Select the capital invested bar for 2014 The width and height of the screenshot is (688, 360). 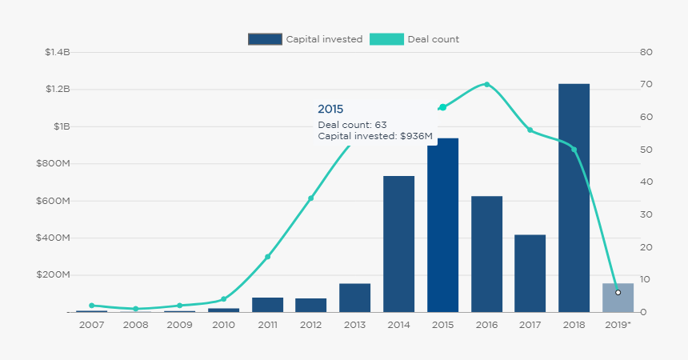(x=398, y=244)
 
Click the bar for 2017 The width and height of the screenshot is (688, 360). (x=530, y=273)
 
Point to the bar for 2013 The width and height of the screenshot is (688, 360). (x=354, y=298)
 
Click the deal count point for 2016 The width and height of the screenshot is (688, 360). (x=486, y=85)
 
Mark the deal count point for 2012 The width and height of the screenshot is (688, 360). (x=311, y=198)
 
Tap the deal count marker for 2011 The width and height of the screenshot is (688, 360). (x=267, y=257)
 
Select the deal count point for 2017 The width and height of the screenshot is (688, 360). (x=530, y=130)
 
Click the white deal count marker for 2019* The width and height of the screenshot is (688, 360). (x=618, y=293)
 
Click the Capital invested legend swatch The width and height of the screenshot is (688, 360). (x=265, y=39)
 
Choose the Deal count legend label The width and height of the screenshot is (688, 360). (x=433, y=39)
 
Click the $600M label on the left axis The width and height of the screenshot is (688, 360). (x=54, y=201)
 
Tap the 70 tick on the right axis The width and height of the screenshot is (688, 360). (x=647, y=85)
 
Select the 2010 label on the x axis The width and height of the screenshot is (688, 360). (x=223, y=324)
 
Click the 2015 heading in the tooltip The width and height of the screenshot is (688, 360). (x=330, y=109)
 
